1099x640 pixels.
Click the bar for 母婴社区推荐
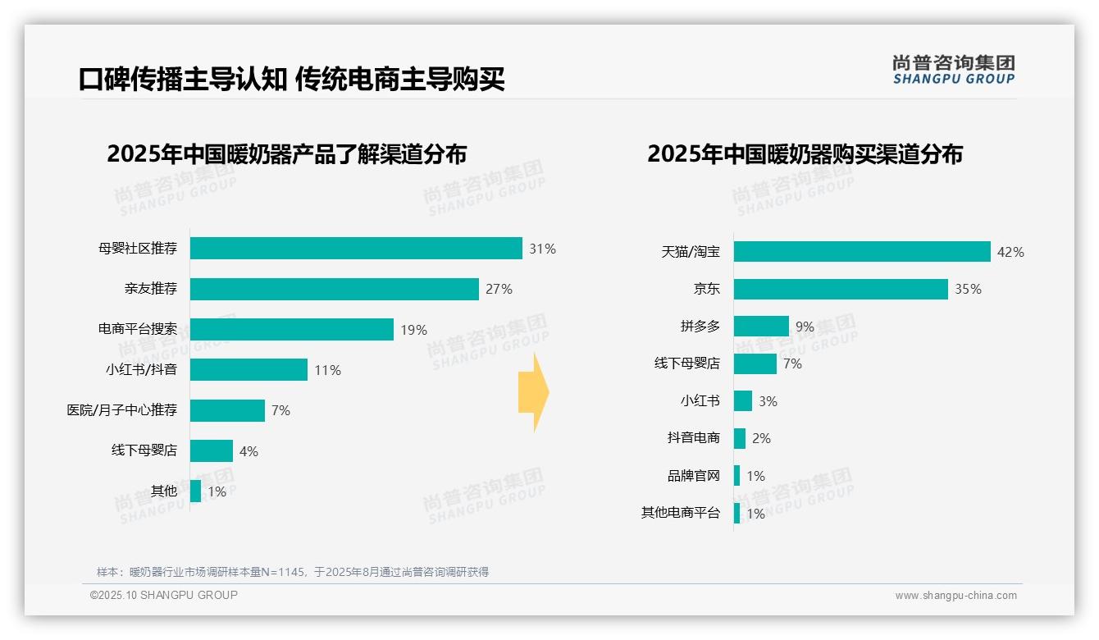coord(356,248)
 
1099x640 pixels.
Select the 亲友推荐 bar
coord(335,289)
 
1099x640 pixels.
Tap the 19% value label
coord(413,330)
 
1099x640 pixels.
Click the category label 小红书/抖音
coord(141,370)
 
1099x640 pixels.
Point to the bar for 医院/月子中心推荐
coord(227,410)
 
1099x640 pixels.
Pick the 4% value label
coord(249,451)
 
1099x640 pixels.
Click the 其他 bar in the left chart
coord(195,491)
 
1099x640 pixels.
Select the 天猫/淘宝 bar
coord(862,252)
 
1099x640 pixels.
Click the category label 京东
coord(706,289)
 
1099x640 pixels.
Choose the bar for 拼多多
coord(761,327)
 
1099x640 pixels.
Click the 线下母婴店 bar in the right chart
coord(755,363)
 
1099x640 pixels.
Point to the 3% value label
coord(768,401)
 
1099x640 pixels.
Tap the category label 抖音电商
coord(693,438)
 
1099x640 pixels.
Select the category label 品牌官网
coord(693,476)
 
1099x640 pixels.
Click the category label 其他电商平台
coord(680,514)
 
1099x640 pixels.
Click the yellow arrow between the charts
coord(533,392)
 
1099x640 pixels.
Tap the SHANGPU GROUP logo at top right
coord(953,70)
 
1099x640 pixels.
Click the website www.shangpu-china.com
coord(955,596)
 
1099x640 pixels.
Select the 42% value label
coord(1010,252)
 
